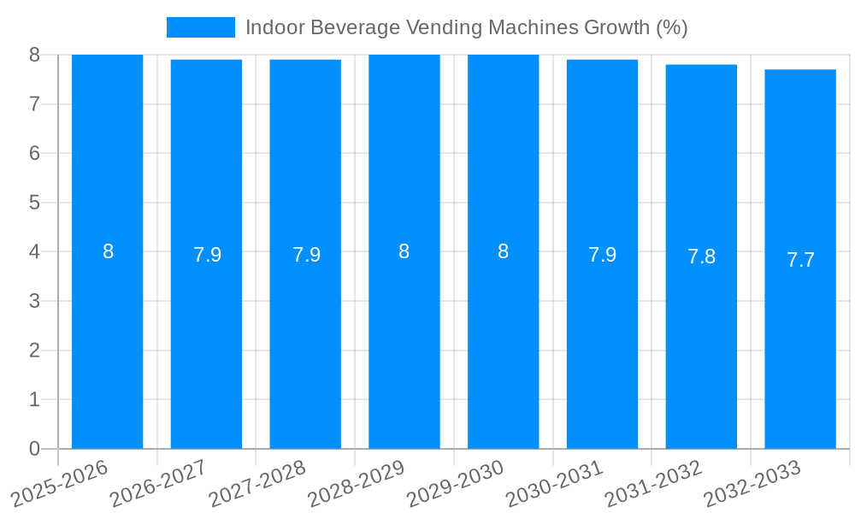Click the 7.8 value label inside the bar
click(701, 256)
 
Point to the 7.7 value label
click(800, 260)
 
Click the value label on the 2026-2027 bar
click(207, 255)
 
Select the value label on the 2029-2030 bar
click(503, 251)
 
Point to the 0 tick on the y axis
click(34, 449)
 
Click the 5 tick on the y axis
click(34, 203)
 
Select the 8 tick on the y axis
click(34, 55)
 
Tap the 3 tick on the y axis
click(34, 301)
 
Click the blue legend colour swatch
click(200, 27)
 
